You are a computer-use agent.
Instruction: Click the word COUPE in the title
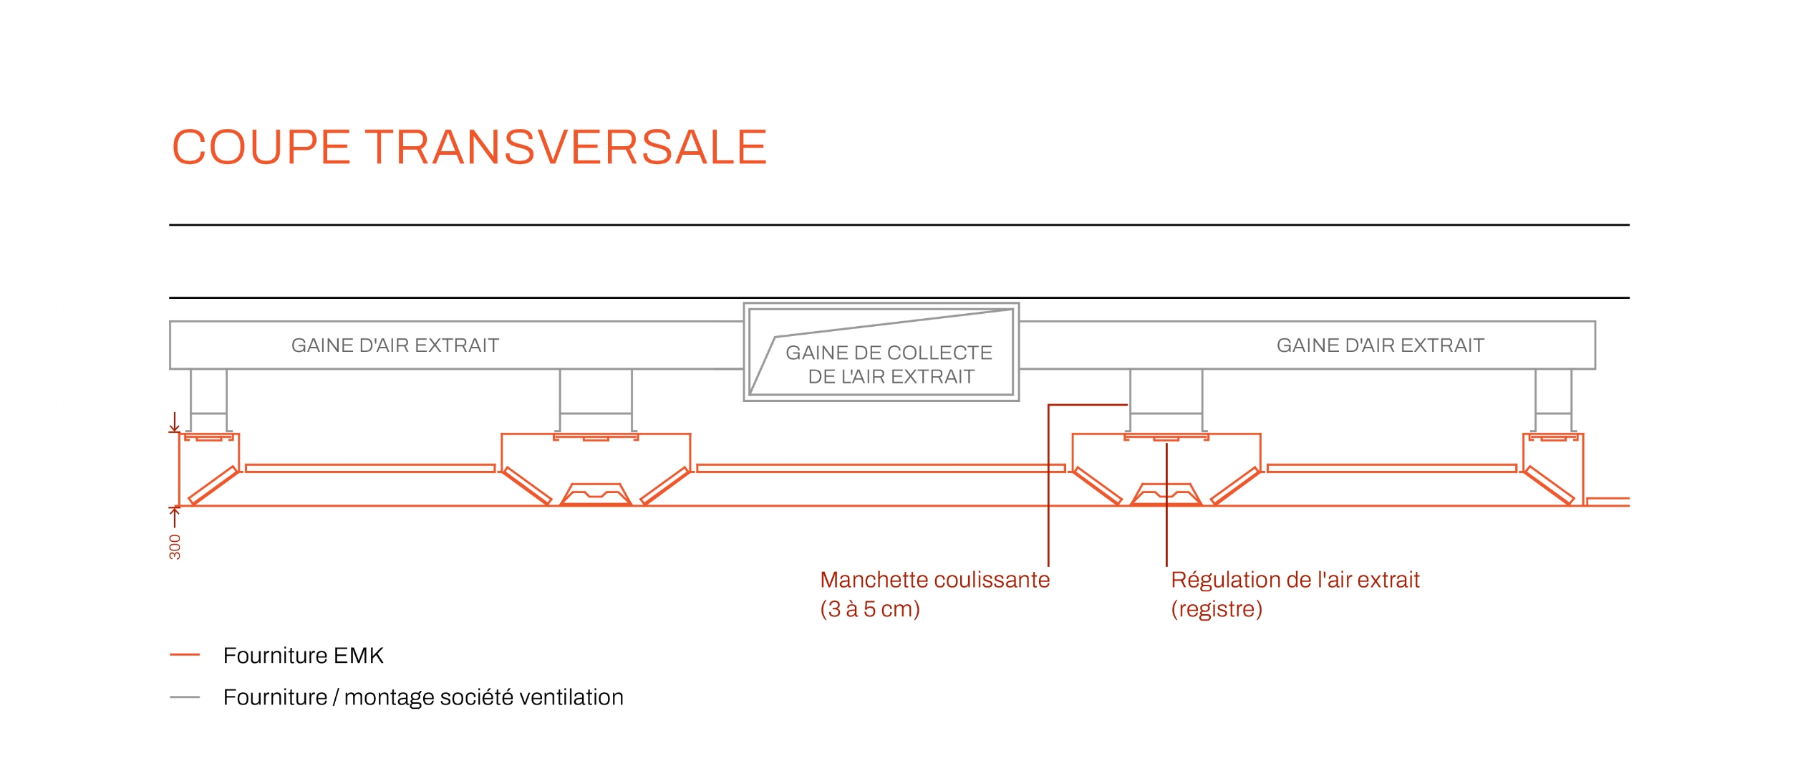click(x=261, y=148)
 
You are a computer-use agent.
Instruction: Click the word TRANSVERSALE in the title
click(x=566, y=148)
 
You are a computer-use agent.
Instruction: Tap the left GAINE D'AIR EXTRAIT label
click(x=395, y=345)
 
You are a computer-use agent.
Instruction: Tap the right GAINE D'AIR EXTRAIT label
click(x=1381, y=345)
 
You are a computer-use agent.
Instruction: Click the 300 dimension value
click(x=175, y=547)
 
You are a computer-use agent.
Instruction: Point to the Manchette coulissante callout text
click(x=935, y=580)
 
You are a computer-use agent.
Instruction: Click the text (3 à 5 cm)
click(x=870, y=609)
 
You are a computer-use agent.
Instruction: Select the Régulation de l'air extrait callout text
click(x=1295, y=580)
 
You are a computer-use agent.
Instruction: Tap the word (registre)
click(x=1217, y=609)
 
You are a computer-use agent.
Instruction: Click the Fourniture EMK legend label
click(x=304, y=656)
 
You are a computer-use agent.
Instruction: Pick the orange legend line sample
click(x=185, y=655)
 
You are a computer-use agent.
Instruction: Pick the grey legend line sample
click(x=185, y=697)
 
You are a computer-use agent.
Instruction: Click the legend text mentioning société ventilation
click(x=423, y=697)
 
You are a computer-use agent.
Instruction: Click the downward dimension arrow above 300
click(x=174, y=422)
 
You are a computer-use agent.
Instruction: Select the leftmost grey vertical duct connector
click(x=209, y=400)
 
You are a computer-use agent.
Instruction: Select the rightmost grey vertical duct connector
click(x=1554, y=400)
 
